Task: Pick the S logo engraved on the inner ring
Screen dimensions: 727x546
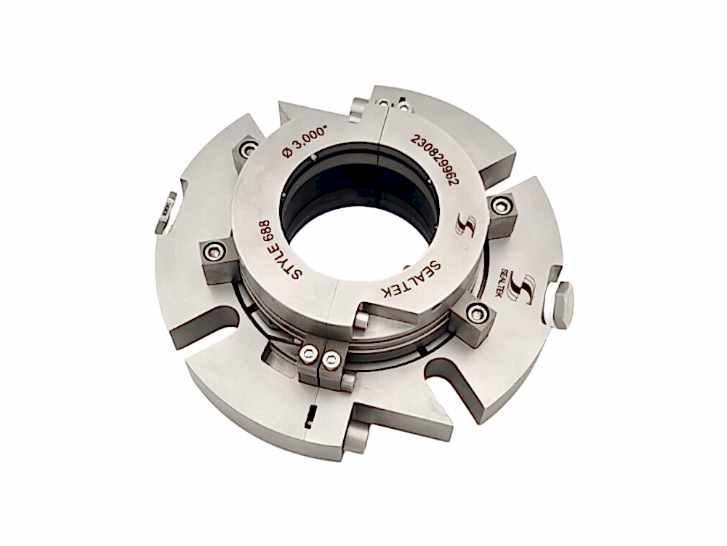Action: click(465, 224)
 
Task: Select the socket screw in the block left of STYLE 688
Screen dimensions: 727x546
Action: click(214, 251)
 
